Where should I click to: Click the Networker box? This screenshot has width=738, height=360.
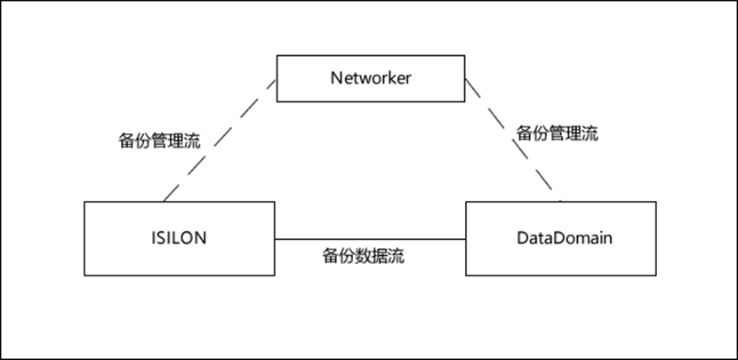pos(371,77)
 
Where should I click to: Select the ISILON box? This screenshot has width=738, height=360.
pos(179,237)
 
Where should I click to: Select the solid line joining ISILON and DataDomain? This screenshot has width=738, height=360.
pos(370,238)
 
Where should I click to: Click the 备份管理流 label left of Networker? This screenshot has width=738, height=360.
pos(159,140)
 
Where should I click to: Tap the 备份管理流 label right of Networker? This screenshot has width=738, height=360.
pos(557,134)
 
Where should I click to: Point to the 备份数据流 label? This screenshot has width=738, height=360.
pos(363,258)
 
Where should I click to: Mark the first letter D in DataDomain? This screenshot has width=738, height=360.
pos(521,237)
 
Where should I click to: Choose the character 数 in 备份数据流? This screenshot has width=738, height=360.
pos(363,258)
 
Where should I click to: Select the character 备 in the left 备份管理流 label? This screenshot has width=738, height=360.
pos(127,140)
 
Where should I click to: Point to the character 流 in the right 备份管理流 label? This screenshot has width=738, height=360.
pos(589,134)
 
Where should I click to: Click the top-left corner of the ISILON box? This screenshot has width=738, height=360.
pos(84,202)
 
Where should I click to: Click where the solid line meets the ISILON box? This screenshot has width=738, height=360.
pos(274,238)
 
